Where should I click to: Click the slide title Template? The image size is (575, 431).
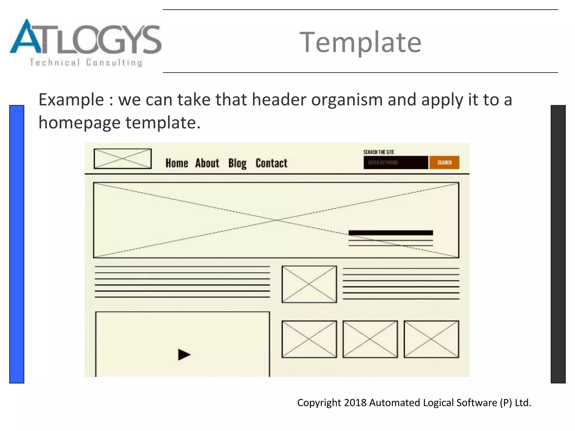coord(360,42)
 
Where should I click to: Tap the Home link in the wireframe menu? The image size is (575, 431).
coord(177,163)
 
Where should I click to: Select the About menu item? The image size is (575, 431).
coord(207,163)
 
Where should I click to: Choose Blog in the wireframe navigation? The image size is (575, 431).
coord(237,163)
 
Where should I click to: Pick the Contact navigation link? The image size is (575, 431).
coord(271,163)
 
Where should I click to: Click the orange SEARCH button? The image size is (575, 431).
coord(444,162)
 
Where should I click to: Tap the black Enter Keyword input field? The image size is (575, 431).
coord(396,162)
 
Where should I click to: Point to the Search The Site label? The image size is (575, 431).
coord(378,152)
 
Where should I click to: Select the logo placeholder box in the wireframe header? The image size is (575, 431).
coord(123,159)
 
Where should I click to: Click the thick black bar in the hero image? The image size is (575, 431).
coord(391,233)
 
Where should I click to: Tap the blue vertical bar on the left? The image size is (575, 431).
coord(17,244)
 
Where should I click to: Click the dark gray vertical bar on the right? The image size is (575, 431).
coord(558,244)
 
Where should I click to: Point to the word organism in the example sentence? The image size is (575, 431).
coord(347,100)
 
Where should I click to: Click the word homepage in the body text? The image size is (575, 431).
coord(79,123)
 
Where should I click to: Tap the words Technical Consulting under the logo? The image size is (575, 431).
coord(86,63)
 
